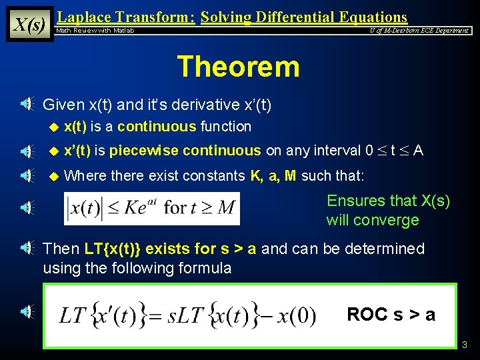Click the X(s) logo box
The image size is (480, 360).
(x=29, y=24)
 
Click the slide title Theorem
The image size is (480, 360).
(x=238, y=67)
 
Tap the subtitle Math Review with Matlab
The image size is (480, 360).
(x=95, y=31)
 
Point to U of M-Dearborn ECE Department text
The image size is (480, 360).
(x=419, y=31)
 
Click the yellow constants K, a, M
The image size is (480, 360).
(x=273, y=176)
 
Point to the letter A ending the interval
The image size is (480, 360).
(x=418, y=151)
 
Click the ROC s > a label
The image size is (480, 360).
(x=391, y=315)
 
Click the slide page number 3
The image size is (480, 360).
(x=465, y=345)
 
